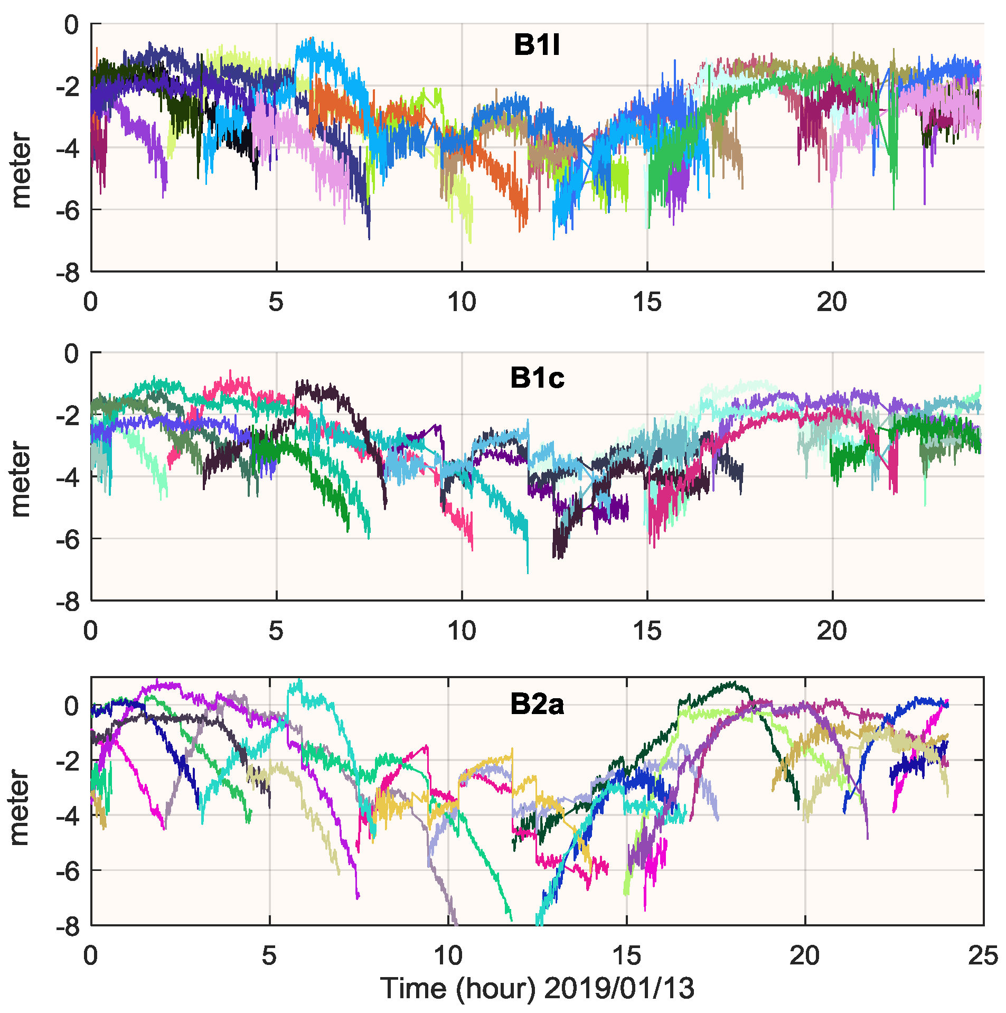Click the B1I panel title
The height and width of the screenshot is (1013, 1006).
tap(537, 45)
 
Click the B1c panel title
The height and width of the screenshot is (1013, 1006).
tap(537, 378)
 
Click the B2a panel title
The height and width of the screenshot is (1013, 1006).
tap(537, 705)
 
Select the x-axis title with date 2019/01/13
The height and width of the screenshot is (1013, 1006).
tap(537, 989)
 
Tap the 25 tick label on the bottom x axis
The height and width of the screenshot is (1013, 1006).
tap(982, 955)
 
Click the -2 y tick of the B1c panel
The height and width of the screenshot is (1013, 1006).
tap(67, 415)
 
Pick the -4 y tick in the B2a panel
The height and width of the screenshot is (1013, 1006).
tap(67, 815)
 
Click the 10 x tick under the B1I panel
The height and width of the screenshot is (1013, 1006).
tap(462, 302)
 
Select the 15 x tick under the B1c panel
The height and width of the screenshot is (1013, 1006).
tap(647, 631)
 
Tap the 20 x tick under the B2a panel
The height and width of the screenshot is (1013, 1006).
tap(804, 955)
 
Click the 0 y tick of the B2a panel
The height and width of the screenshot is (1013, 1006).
tap(71, 705)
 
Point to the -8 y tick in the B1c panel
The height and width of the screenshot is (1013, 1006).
tap(67, 602)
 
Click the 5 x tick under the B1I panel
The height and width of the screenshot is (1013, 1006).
tap(276, 302)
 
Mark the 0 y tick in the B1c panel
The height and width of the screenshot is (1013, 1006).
tap(71, 353)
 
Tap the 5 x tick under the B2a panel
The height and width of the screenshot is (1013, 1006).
tap(269, 955)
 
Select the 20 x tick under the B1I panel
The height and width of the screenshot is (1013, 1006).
tap(832, 302)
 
